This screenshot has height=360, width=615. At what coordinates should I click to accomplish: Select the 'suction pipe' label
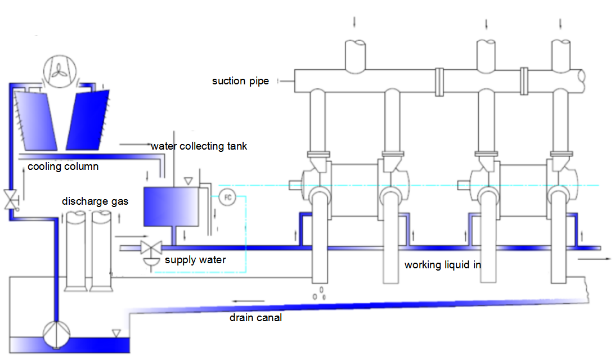(240, 81)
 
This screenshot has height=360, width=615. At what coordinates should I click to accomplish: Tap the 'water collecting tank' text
(199, 146)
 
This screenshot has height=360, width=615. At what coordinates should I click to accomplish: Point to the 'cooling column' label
(63, 166)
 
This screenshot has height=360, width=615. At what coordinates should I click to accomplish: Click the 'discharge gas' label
(91, 201)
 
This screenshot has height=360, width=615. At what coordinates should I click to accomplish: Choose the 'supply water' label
(195, 260)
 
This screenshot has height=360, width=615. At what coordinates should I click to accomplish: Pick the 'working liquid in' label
(442, 264)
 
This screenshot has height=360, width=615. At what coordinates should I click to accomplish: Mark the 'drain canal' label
(255, 318)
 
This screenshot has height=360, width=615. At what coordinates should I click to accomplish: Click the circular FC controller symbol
(227, 197)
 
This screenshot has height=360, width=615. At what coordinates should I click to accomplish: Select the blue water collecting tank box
(171, 206)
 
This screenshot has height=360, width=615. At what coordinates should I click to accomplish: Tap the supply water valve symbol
(150, 247)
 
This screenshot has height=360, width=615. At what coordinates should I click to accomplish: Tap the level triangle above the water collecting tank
(188, 181)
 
